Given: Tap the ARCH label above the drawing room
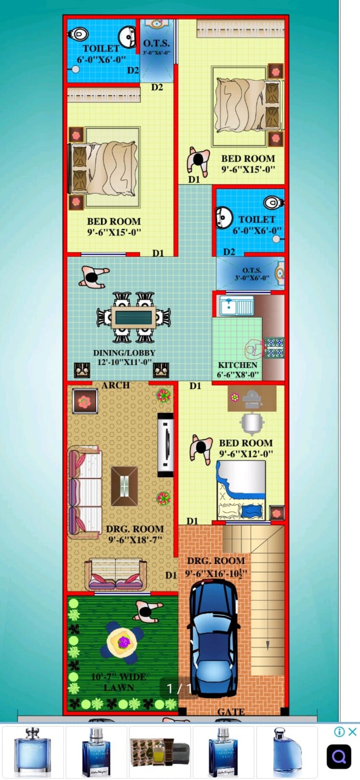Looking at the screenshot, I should click(115, 385).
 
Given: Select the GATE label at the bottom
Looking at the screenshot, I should click(230, 711).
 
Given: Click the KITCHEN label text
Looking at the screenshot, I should click(237, 365).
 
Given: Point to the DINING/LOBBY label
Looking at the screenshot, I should click(124, 353).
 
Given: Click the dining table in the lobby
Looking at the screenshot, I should click(133, 317).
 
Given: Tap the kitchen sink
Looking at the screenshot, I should click(236, 306).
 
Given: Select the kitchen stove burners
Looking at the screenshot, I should click(274, 347).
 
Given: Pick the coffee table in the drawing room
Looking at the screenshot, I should click(125, 485).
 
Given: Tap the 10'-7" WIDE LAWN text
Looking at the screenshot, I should click(118, 681).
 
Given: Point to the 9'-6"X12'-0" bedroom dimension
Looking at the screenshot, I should click(246, 454).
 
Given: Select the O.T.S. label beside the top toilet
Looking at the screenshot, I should click(156, 43).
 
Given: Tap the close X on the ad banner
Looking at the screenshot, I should click(353, 732).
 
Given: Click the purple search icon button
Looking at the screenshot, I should click(339, 757).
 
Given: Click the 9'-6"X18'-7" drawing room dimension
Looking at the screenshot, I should click(135, 540).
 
